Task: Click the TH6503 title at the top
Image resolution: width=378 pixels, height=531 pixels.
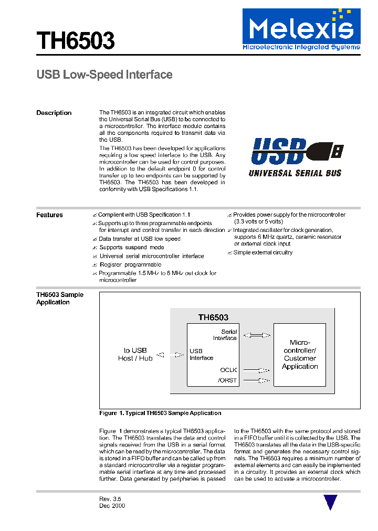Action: [x=75, y=40]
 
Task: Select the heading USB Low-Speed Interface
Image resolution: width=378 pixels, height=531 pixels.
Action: [x=104, y=75]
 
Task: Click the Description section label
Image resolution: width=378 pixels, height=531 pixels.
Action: [x=54, y=113]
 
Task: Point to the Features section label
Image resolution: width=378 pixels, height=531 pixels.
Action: [x=49, y=215]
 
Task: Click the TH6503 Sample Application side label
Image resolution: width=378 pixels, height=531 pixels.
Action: [x=59, y=299]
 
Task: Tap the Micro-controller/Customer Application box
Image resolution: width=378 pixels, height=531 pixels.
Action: [x=300, y=355]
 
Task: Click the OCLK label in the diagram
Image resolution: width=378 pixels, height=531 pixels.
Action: [x=228, y=369]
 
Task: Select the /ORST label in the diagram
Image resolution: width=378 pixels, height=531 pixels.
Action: [x=227, y=380]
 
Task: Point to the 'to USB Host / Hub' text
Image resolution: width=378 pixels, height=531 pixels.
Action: [x=135, y=354]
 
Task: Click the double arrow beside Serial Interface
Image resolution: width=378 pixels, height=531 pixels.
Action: [x=257, y=335]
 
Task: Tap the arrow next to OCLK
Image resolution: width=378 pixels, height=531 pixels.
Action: [x=257, y=369]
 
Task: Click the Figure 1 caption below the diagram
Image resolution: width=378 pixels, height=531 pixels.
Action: [x=160, y=413]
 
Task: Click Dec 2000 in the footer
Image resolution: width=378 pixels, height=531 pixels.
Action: [x=112, y=506]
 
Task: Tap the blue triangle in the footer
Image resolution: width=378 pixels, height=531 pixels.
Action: [x=330, y=502]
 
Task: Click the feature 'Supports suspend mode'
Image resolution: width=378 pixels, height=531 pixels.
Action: [x=132, y=247]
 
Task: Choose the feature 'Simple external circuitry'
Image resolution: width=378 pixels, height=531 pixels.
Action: [x=262, y=252]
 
